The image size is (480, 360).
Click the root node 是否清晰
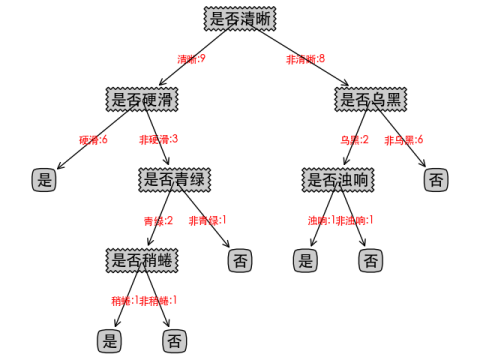click(240, 18)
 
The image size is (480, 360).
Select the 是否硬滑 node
click(142, 99)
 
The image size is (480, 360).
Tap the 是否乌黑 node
click(371, 99)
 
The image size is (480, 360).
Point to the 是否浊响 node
click(337, 180)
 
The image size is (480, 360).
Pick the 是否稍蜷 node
click(142, 260)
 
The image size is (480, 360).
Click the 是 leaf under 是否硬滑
click(43, 180)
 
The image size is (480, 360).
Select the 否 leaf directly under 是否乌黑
click(436, 180)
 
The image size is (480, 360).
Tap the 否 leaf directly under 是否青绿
click(240, 261)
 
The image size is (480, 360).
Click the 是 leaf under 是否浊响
click(305, 261)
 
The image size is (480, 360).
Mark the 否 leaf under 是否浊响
click(371, 261)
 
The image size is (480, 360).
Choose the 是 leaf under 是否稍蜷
click(110, 341)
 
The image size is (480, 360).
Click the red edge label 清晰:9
click(191, 59)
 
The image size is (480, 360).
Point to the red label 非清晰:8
click(305, 59)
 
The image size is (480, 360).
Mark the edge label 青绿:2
click(158, 220)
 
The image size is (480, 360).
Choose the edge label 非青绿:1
click(208, 220)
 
